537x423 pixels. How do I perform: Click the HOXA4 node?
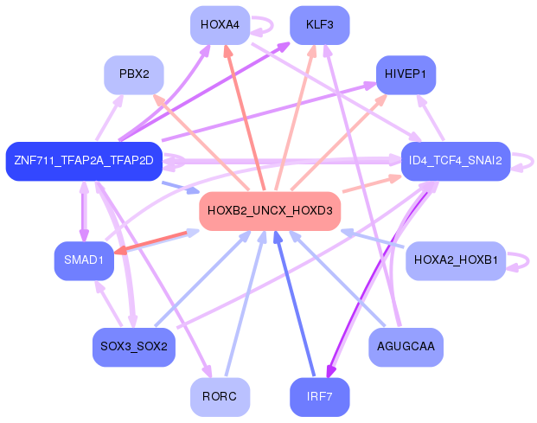220,25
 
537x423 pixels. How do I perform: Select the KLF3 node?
320,25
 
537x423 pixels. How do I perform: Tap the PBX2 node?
134,75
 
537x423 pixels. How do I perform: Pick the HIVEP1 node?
406,75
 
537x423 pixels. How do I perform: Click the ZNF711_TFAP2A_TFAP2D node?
84,161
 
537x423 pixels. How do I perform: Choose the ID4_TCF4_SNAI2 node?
456,161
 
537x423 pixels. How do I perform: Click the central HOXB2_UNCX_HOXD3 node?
270,211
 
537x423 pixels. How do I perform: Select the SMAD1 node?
84,261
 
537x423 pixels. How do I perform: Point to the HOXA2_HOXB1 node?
456,261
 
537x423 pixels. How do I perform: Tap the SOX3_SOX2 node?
134,347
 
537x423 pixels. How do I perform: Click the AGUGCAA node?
406,347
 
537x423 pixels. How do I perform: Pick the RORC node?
220,397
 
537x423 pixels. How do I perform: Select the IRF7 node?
320,397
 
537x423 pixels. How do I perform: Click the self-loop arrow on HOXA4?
272,25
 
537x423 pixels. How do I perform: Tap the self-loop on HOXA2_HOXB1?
528,261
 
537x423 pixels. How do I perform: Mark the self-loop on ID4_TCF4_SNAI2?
533,161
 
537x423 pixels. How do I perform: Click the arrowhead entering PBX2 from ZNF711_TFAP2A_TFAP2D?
118,99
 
